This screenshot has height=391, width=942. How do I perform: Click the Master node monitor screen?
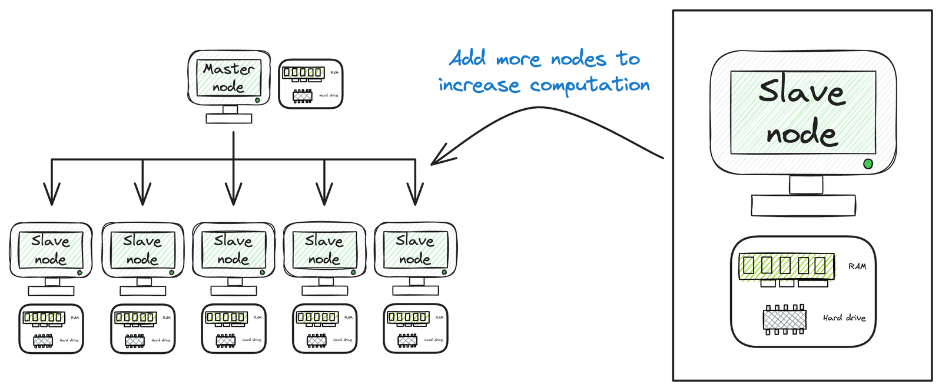click(x=228, y=78)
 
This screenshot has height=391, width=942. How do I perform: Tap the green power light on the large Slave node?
click(x=867, y=164)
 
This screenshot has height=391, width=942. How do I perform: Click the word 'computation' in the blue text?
click(x=589, y=86)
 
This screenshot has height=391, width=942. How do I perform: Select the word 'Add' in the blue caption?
click(x=467, y=58)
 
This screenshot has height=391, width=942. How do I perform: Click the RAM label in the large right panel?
click(x=857, y=266)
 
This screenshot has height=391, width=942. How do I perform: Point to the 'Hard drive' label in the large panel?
click(x=844, y=318)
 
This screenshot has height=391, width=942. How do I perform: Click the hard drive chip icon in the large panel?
click(x=785, y=319)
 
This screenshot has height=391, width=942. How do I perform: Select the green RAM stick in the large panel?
click(x=787, y=266)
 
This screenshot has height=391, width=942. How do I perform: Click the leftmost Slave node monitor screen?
click(x=51, y=250)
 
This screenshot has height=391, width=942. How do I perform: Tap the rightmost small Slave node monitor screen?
click(x=415, y=250)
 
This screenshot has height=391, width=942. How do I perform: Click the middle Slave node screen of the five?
click(x=233, y=250)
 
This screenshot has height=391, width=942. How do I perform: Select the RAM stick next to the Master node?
click(x=303, y=73)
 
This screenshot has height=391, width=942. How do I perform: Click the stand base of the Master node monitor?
click(x=229, y=119)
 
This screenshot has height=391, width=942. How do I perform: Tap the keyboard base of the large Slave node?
click(x=803, y=205)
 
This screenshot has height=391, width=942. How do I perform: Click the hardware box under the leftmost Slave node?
click(x=51, y=329)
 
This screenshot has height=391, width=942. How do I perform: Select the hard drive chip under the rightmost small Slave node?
click(x=407, y=340)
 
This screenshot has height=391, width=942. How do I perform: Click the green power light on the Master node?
click(x=257, y=101)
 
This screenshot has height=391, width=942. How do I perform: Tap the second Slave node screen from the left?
click(x=142, y=250)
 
